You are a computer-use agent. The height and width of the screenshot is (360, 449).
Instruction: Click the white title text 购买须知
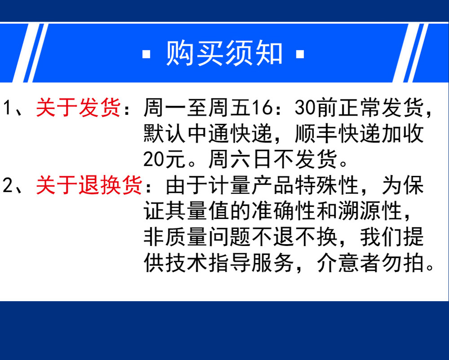coord(224,53)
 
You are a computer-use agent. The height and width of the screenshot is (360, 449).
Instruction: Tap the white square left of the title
coord(146,54)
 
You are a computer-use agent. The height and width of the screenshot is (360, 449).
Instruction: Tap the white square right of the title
coord(300,54)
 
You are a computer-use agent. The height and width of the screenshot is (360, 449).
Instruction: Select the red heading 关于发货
coord(78,108)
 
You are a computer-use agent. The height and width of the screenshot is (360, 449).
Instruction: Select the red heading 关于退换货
coord(89,185)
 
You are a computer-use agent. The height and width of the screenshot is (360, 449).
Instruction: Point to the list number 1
coord(8,108)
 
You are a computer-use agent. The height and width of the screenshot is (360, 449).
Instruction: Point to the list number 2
coord(8,185)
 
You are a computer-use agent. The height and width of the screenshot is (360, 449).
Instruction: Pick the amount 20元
coord(165,159)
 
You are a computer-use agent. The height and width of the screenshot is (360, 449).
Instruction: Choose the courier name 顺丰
coord(317,133)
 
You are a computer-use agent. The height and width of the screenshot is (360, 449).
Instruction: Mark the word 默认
coord(165,133)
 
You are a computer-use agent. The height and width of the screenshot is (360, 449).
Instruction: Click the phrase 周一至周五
coord(197,108)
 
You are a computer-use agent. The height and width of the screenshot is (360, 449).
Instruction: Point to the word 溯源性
coord(370,211)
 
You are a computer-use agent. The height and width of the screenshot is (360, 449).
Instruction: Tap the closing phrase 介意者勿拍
coord(370,263)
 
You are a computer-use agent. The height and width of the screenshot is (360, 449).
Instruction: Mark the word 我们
coord(381,237)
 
